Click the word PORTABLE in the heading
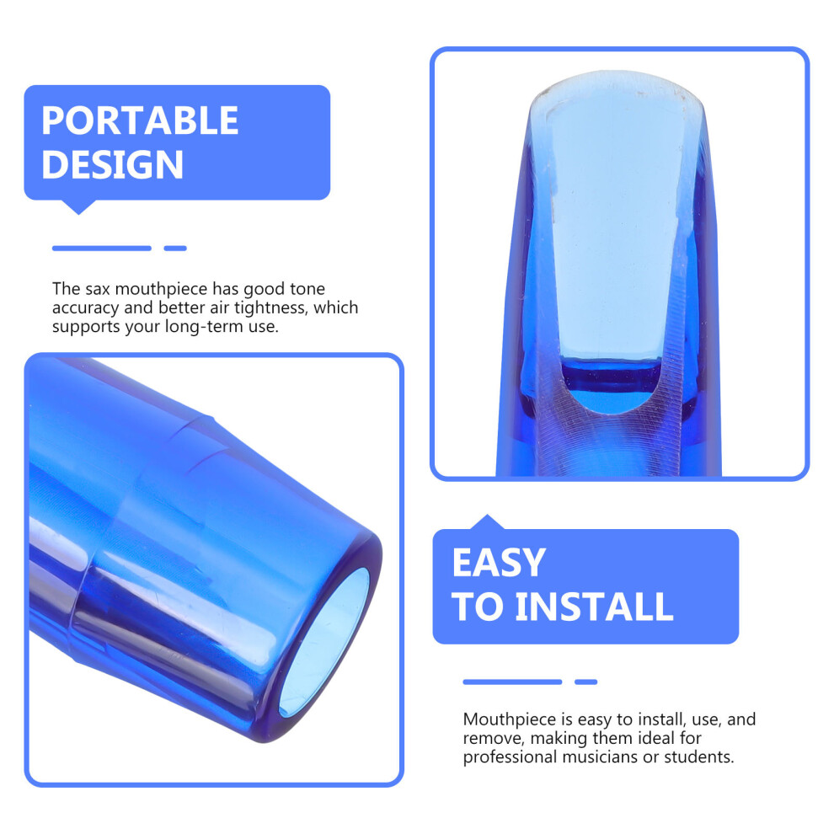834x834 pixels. tap(140, 120)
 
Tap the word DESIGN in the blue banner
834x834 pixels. tap(112, 164)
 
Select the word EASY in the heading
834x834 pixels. tap(499, 563)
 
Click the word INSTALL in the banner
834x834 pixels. tap(594, 607)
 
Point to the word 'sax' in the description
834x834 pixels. tap(97, 289)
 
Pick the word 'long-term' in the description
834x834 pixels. tap(204, 327)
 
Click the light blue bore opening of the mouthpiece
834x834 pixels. tap(325, 641)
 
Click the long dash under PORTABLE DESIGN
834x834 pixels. tap(102, 249)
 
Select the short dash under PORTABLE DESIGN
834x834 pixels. tap(175, 249)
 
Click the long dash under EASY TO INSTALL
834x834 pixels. tap(512, 682)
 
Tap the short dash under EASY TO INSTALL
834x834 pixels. tap(585, 682)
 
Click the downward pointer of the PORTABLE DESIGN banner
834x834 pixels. tap(78, 207)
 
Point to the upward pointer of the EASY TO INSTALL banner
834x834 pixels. tap(487, 521)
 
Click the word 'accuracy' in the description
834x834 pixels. tap(86, 308)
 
